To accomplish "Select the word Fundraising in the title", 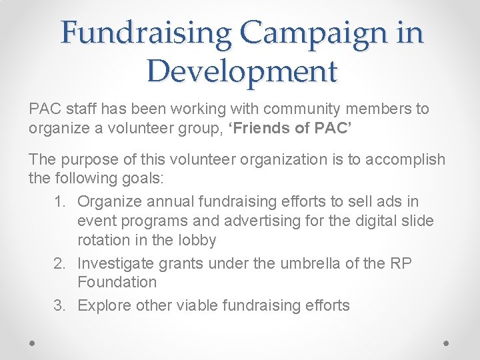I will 147,33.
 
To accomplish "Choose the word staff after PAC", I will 77,109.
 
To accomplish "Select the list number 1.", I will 59,201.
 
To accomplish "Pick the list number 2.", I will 59,263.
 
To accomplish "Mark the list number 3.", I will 59,305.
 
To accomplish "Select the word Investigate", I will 113,263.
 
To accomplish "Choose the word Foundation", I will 117,282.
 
